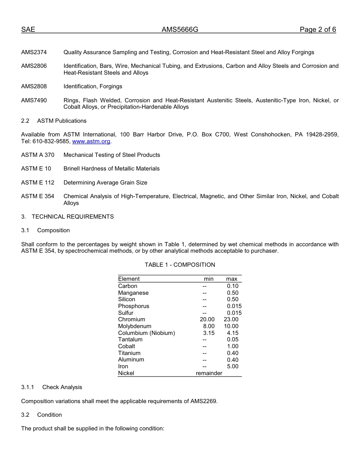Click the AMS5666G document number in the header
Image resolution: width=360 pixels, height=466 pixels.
(x=180, y=30)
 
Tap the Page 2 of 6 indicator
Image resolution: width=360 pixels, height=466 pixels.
(x=318, y=30)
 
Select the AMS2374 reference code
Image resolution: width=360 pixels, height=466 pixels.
(x=34, y=52)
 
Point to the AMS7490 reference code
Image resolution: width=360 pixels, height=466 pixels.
(x=34, y=100)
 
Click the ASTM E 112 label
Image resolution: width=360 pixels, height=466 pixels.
(x=38, y=183)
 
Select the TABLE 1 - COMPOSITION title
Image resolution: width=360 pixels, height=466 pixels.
(x=180, y=265)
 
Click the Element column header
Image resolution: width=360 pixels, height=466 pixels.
(x=129, y=279)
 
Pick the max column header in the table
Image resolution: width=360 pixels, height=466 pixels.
(x=232, y=279)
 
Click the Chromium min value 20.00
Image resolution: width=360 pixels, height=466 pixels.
(x=207, y=319)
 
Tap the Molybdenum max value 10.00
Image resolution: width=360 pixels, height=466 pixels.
(x=231, y=326)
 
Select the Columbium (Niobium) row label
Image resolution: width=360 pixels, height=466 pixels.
(x=146, y=333)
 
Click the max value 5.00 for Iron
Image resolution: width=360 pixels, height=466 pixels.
(x=233, y=366)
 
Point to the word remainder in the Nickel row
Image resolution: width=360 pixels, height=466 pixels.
(x=209, y=373)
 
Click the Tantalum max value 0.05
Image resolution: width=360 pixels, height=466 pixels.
(x=233, y=339)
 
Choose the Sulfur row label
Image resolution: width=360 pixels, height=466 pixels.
(x=125, y=313)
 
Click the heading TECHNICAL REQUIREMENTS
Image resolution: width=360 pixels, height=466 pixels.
(x=73, y=217)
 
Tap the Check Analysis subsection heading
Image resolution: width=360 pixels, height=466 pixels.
(x=62, y=387)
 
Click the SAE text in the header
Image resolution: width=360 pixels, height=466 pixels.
(x=28, y=30)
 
